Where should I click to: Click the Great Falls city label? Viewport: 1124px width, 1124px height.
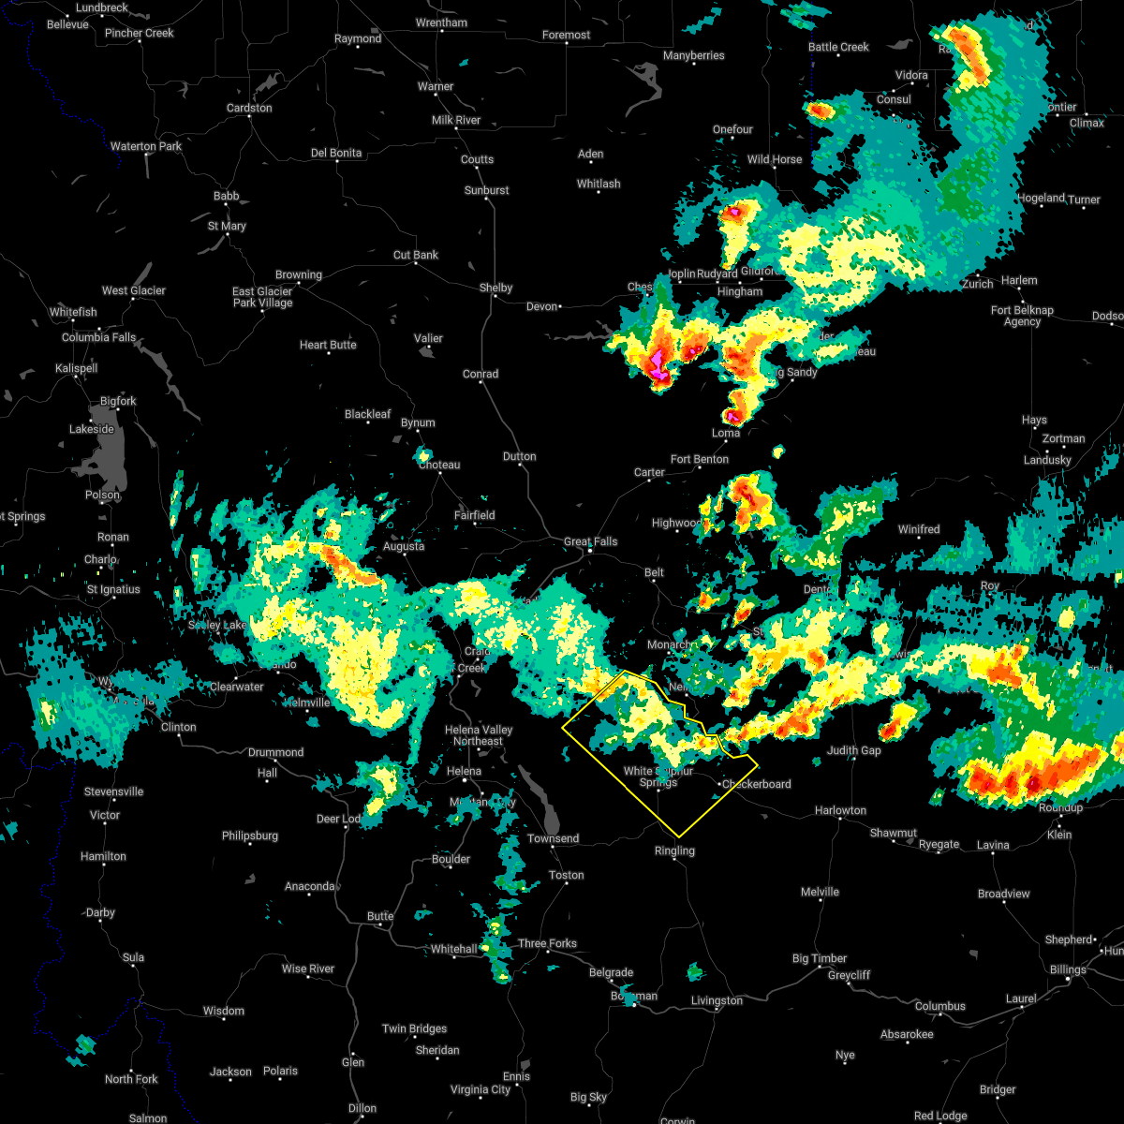[590, 541]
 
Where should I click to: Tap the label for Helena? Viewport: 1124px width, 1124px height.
[464, 771]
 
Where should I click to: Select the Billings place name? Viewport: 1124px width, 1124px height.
[1068, 969]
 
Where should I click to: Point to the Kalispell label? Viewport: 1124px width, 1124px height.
[76, 368]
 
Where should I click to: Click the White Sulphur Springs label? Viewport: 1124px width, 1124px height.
[658, 776]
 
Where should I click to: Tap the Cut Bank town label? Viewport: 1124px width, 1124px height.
[416, 255]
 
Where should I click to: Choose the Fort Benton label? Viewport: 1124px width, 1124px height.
[699, 459]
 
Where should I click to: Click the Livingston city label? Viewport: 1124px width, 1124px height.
[717, 1000]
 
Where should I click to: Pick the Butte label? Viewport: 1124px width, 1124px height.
[380, 916]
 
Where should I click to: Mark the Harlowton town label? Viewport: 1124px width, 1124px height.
[840, 810]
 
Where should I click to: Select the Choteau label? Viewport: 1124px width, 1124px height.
[439, 465]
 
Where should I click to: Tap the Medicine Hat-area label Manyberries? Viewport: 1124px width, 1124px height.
[693, 55]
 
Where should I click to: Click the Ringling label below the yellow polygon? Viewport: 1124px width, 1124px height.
[674, 850]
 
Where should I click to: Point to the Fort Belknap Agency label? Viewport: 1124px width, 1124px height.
[1022, 316]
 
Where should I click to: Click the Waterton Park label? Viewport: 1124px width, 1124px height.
[146, 146]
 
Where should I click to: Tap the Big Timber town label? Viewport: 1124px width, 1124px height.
[820, 958]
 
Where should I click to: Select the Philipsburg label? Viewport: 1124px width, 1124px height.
[250, 836]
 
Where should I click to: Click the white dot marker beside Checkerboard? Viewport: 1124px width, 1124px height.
[718, 784]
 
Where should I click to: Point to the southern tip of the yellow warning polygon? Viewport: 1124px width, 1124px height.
[678, 836]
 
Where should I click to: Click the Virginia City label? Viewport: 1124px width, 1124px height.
[481, 1089]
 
